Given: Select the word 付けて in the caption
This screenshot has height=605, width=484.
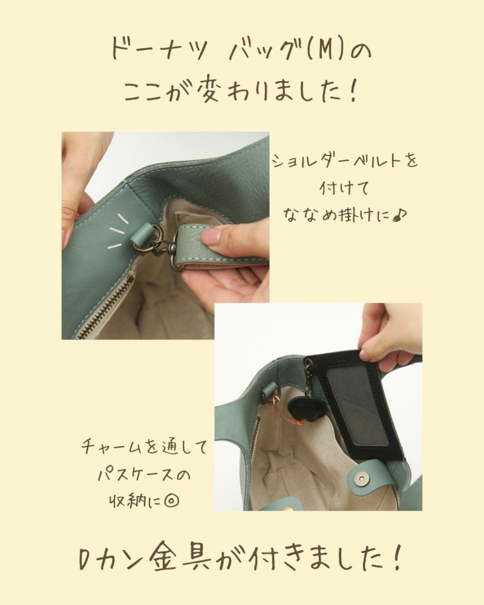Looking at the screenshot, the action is coord(345,189).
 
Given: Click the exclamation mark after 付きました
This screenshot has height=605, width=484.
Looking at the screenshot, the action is coord(397,558).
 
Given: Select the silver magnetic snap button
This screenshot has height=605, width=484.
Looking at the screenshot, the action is coord(362,479).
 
